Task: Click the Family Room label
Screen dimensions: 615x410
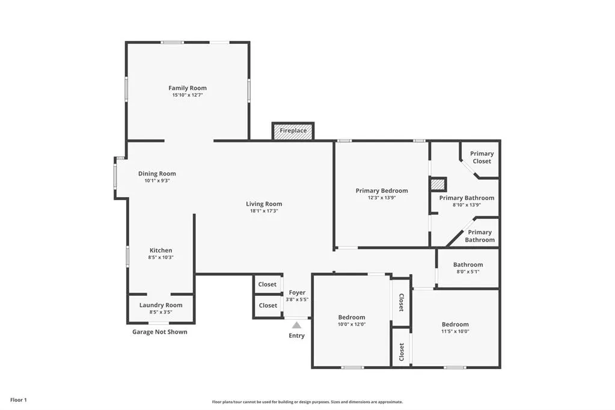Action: (188, 88)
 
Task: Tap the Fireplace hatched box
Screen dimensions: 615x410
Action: (293, 130)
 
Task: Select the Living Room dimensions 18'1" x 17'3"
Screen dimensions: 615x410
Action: (264, 211)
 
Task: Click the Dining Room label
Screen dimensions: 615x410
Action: (157, 173)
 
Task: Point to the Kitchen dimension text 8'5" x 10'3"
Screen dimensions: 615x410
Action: (161, 257)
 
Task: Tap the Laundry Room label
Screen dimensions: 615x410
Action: (161, 305)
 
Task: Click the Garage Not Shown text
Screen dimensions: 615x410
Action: (160, 332)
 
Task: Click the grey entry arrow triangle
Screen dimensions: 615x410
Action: (296, 325)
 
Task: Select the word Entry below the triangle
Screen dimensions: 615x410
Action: (296, 335)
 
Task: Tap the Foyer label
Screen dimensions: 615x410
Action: (297, 292)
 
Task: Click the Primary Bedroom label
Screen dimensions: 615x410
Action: (382, 191)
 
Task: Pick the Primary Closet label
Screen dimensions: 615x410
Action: (482, 158)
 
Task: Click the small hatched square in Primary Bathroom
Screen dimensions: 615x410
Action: (438, 184)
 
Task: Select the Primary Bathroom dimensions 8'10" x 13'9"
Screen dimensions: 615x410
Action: (467, 205)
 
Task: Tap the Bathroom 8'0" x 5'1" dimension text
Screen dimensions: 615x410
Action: (468, 272)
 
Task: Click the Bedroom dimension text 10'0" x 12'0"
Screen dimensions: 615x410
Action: (352, 324)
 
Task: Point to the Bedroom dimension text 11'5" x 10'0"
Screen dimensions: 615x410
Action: (455, 331)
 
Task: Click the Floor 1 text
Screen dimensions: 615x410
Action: (19, 400)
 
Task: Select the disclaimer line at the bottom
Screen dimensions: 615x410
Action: (307, 402)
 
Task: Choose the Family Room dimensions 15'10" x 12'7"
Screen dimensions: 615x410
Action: (188, 95)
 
